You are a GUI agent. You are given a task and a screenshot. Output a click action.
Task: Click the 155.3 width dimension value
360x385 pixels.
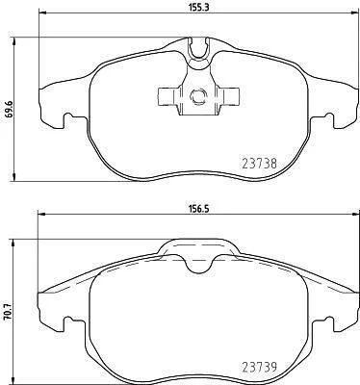point(199,8)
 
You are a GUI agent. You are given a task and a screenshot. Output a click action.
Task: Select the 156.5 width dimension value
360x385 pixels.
point(199,209)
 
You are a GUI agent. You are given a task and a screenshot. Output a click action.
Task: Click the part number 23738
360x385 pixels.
point(259,164)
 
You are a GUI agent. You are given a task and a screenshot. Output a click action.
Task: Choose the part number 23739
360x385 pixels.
point(259,367)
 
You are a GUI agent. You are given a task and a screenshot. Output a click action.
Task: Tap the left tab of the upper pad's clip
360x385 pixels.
point(167,96)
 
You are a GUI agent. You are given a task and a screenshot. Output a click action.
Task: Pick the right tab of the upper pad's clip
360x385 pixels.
point(229,96)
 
